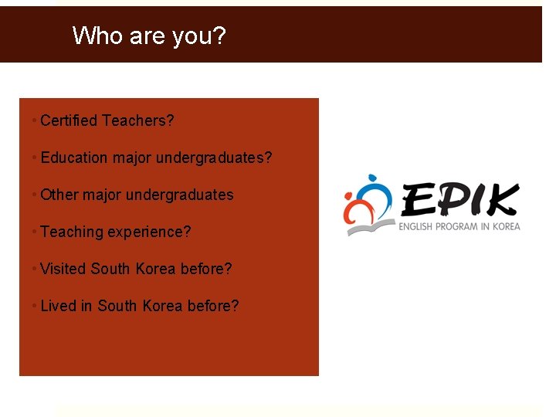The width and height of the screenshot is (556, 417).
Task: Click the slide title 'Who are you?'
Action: click(x=149, y=36)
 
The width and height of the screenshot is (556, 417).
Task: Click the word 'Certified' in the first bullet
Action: click(x=69, y=120)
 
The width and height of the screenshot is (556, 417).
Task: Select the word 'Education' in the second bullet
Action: click(x=74, y=158)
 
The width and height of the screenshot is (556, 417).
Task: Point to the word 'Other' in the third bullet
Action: click(x=59, y=195)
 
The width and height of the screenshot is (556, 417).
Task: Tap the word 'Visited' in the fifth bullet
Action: click(x=63, y=269)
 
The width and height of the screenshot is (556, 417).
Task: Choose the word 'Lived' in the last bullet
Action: click(x=58, y=306)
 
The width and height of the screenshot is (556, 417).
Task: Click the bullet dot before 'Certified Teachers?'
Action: click(x=35, y=120)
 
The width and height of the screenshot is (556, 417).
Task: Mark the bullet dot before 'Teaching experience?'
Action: click(x=35, y=232)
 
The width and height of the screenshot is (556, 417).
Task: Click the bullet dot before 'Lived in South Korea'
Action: click(x=35, y=306)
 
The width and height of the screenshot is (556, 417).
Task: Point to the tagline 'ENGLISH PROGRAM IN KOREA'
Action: click(x=459, y=226)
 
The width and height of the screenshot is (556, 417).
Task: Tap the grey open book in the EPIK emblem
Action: click(x=370, y=227)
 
